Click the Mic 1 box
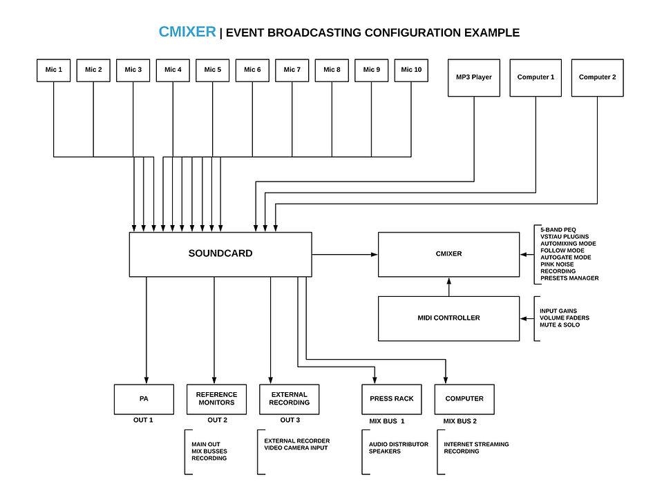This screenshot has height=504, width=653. tap(54, 70)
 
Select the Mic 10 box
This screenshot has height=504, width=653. tap(411, 70)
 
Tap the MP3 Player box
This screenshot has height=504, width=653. tap(473, 77)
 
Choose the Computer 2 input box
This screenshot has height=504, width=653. tap(597, 77)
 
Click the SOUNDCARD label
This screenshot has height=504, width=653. tap(220, 253)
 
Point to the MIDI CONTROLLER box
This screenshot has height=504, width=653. tap(448, 318)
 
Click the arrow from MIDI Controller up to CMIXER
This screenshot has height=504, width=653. tap(448, 287)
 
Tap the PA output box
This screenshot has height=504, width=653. tap(144, 399)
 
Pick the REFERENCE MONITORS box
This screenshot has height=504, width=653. tap(216, 399)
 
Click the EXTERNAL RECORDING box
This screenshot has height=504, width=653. tap(290, 399)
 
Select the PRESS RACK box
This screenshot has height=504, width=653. tap(392, 399)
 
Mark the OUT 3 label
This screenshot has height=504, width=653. tap(290, 420)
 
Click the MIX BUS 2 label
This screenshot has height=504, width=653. tap(460, 421)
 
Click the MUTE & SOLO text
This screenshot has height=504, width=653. tap(560, 325)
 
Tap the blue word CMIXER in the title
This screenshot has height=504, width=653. tap(187, 32)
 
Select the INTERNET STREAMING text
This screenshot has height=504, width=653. tap(476, 445)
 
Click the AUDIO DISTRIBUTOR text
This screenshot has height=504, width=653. tap(398, 445)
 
